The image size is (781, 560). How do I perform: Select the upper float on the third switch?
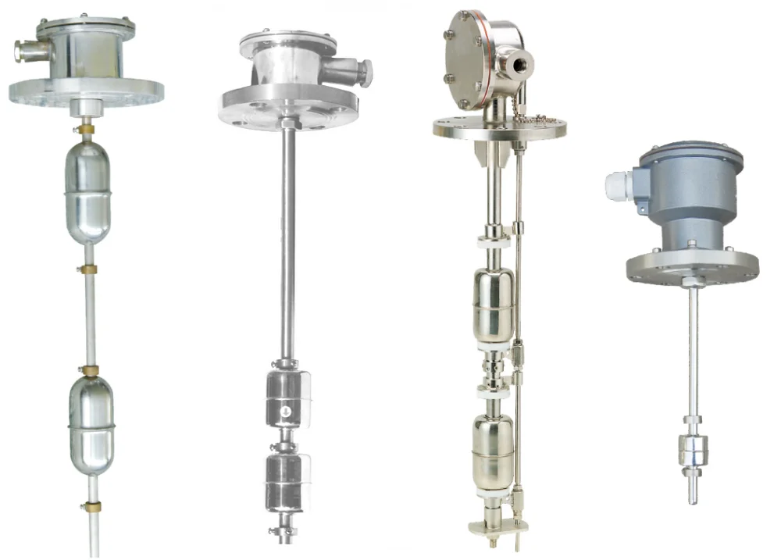[x=494, y=304]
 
